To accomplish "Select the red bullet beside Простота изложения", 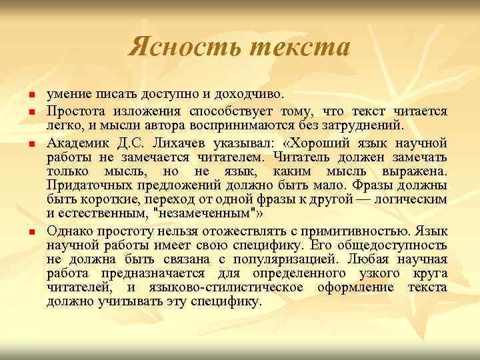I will click(31, 111).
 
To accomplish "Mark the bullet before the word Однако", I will click(31, 231).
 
